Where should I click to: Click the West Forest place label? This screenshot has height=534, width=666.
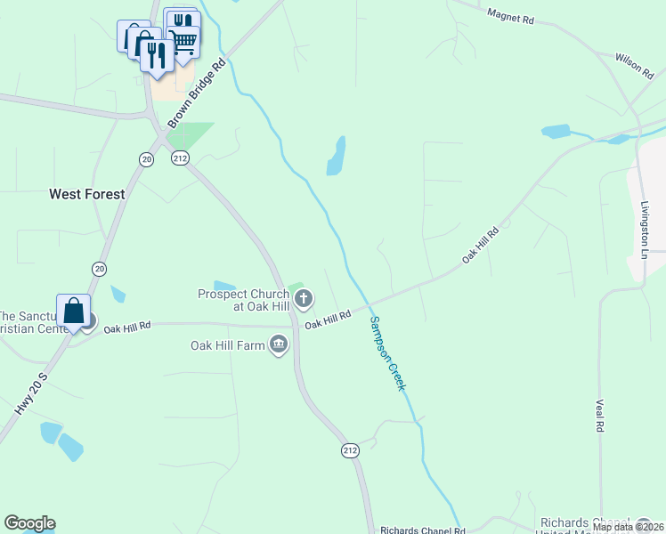[87, 193]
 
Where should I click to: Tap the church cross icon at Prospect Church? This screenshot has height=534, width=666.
[304, 298]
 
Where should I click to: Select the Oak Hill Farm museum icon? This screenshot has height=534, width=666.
[279, 344]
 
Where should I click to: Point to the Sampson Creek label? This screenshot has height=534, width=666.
[387, 354]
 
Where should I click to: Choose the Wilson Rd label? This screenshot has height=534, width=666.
[635, 65]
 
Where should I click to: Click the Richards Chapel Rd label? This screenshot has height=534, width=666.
[422, 530]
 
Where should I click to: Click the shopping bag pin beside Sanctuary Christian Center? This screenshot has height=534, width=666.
[73, 311]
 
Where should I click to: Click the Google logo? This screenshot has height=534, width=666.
[29, 523]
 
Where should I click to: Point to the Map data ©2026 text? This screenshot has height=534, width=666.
[627, 527]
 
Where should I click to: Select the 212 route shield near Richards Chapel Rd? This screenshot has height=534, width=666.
[349, 451]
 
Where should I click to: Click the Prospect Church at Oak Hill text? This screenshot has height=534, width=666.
[243, 300]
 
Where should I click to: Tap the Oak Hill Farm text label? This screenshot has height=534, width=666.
[228, 345]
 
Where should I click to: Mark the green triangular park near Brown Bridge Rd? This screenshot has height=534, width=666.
[190, 135]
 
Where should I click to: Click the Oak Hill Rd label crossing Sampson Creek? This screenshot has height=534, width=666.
[328, 320]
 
